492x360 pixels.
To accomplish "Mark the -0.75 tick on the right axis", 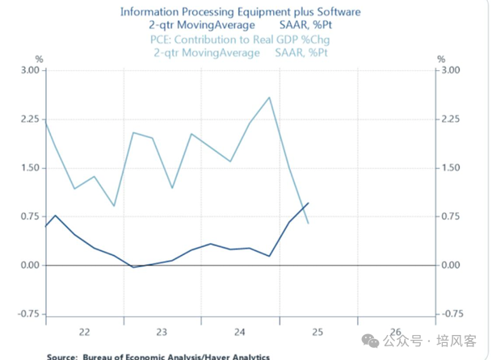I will [x=451, y=314].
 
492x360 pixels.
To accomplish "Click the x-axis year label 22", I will [x=84, y=331].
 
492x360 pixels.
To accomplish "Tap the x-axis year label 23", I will [x=162, y=331].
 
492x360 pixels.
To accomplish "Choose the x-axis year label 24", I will [x=240, y=331].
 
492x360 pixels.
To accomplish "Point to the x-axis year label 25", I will [x=317, y=331].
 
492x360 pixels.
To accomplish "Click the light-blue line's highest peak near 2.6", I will [x=269, y=98].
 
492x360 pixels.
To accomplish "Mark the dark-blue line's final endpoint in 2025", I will [x=308, y=203].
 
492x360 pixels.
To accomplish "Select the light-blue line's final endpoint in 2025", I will [x=308, y=223].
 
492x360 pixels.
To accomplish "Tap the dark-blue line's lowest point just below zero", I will [x=133, y=267].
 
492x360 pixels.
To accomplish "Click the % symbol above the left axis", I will [x=39, y=59].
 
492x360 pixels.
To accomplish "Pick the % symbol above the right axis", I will [x=440, y=59].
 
